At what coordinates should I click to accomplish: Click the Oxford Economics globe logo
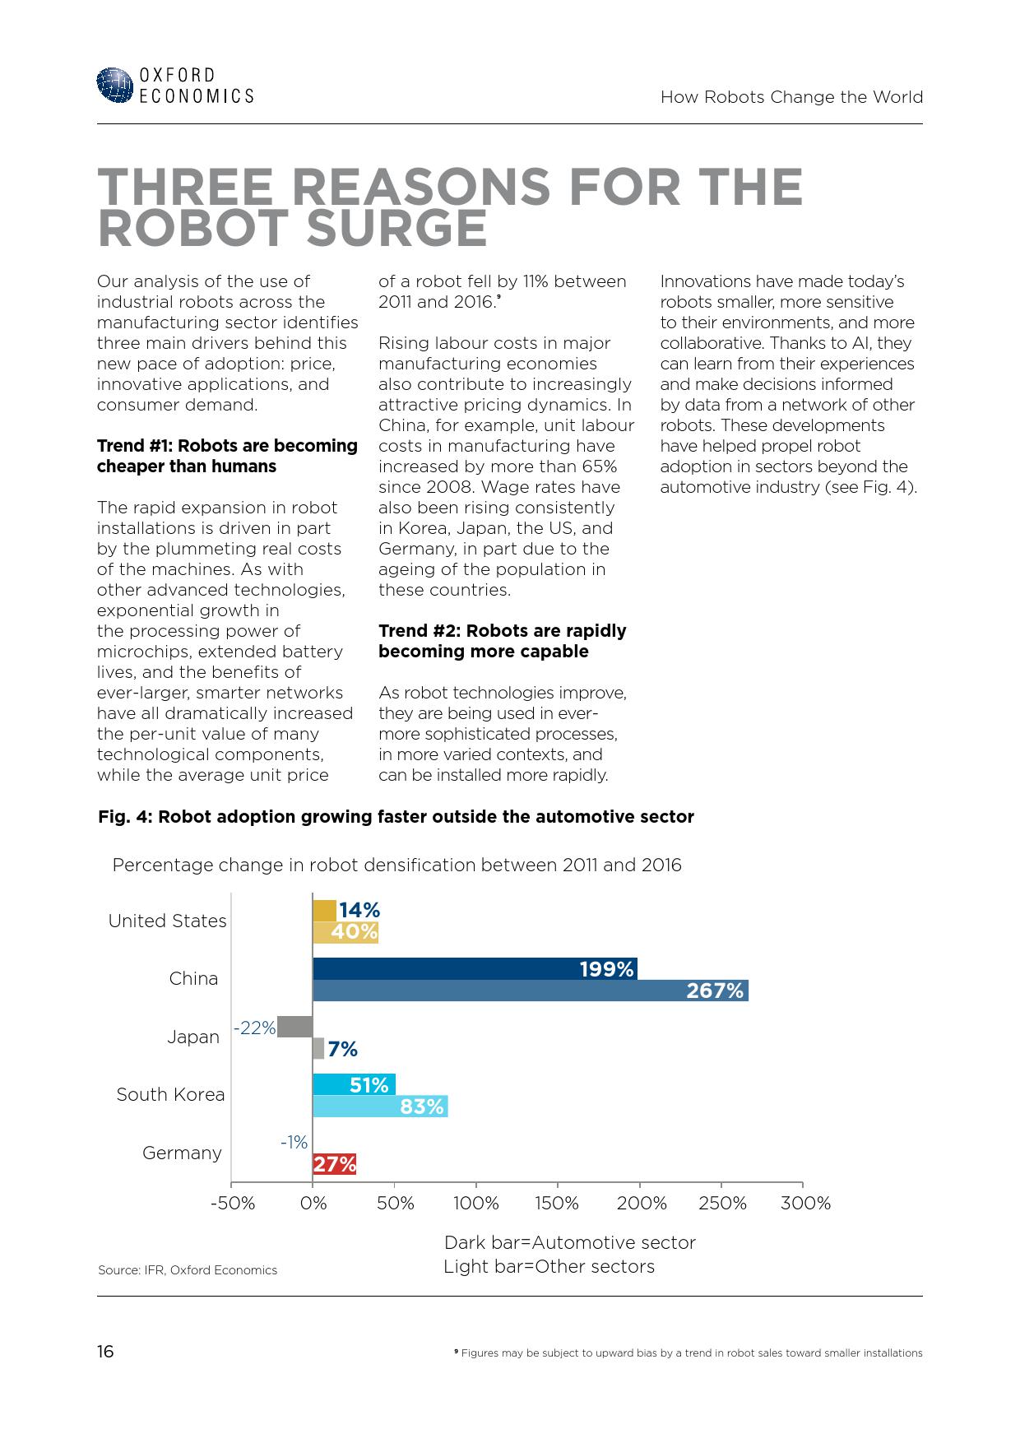click(x=114, y=85)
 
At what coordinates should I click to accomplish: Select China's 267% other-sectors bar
click(x=530, y=991)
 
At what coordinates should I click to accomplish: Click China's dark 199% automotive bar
click(x=475, y=969)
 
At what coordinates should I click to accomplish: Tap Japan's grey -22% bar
click(x=294, y=1027)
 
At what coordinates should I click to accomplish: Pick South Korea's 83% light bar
click(x=380, y=1107)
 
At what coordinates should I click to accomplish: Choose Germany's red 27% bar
click(x=334, y=1164)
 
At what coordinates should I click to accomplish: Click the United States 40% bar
click(x=345, y=932)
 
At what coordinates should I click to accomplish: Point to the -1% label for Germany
click(x=294, y=1142)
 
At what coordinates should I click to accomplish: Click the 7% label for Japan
click(x=342, y=1049)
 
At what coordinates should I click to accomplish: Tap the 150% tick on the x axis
click(x=557, y=1203)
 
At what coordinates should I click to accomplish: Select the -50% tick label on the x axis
click(x=233, y=1203)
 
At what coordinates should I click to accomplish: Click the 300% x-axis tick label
click(x=805, y=1203)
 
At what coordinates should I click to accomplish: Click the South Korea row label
click(x=170, y=1094)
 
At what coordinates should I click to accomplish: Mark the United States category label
click(x=167, y=921)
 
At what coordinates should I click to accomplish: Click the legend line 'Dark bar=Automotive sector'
click(x=569, y=1242)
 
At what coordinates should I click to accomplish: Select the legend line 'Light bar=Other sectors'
click(x=549, y=1266)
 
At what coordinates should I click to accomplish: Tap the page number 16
click(x=105, y=1352)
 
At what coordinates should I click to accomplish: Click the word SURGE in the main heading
click(x=396, y=229)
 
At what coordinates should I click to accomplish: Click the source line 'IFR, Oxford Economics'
click(x=188, y=1270)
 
